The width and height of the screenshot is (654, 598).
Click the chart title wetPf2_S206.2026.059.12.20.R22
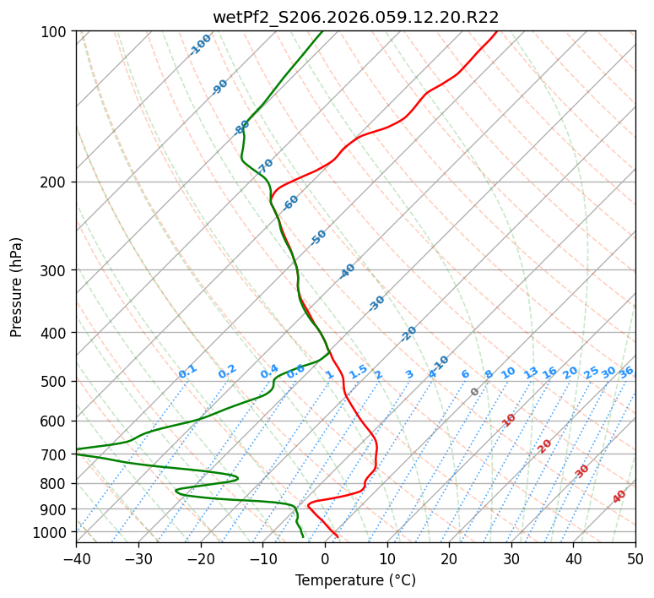(x=355, y=17)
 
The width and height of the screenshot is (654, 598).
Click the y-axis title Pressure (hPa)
(x=17, y=287)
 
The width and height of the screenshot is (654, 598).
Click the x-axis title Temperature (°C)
(x=355, y=581)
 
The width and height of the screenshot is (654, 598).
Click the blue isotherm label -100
(x=201, y=44)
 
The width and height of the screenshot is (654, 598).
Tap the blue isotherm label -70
(x=266, y=165)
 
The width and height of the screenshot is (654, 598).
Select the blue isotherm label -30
(x=376, y=302)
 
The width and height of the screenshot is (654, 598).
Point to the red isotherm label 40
(x=619, y=497)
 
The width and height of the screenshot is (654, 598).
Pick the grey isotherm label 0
(x=475, y=392)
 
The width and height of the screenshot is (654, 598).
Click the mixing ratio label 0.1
(x=187, y=371)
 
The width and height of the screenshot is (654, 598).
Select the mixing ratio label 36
(x=626, y=372)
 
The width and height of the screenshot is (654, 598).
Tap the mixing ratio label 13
(x=531, y=372)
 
